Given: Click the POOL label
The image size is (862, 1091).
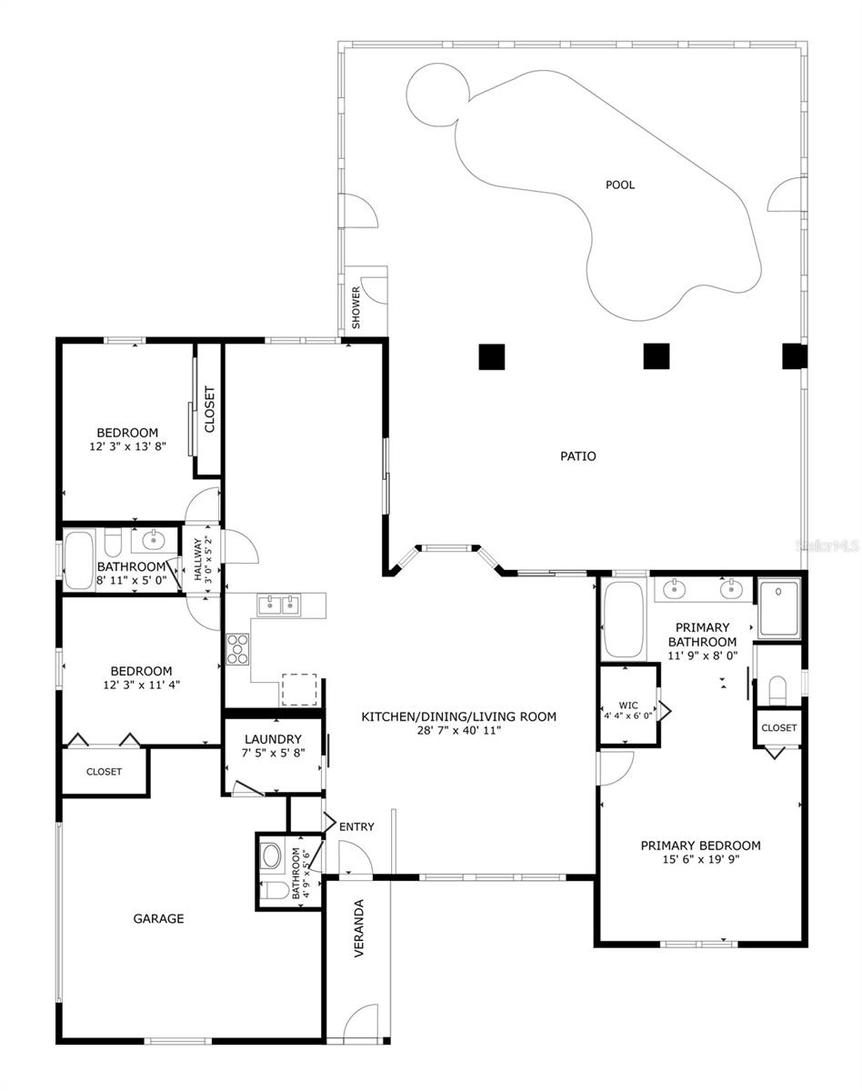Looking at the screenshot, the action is [619, 185].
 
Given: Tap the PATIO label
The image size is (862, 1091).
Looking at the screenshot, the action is [578, 456].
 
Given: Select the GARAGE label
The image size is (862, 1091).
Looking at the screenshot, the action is [158, 918].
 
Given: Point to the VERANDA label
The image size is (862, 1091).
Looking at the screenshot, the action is [359, 928].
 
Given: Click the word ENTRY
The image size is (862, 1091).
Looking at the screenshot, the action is [356, 826].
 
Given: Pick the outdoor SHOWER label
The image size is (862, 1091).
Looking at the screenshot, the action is [356, 307].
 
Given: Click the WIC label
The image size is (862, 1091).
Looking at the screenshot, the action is [628, 706].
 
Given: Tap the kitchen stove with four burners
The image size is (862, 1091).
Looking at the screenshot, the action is [236, 649].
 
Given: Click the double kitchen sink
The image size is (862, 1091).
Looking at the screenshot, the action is [278, 605].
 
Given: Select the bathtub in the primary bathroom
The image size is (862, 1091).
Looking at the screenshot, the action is [623, 621].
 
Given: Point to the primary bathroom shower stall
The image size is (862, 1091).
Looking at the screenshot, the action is [779, 608].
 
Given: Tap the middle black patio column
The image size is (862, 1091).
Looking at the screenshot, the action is [657, 356].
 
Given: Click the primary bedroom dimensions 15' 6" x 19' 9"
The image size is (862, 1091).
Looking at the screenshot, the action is [701, 859].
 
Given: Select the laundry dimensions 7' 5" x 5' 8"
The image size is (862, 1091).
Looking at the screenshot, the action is [274, 753].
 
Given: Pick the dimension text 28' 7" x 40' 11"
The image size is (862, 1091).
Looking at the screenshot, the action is [459, 731].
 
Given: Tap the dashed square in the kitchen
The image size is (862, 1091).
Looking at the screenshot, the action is [299, 689].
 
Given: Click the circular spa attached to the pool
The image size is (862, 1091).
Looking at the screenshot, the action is [437, 95].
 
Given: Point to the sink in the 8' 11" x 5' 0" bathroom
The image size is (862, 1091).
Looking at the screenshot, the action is [152, 541].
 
